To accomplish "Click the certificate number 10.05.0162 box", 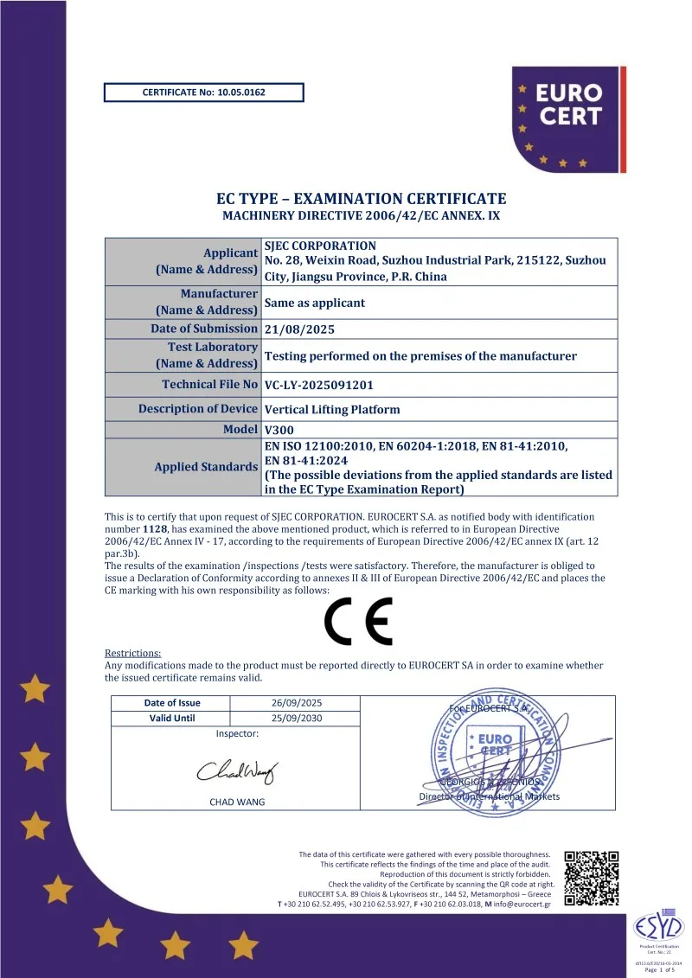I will tap(203, 93).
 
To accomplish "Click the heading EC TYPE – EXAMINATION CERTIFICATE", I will tap(361, 199).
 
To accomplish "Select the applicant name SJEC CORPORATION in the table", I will tap(320, 246).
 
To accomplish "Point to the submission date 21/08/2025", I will tap(299, 329).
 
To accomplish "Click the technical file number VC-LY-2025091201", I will tap(319, 385).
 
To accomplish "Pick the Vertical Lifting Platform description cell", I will tap(332, 410).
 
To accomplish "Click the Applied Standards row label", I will tap(206, 467).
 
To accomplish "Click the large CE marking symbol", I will tap(358, 621).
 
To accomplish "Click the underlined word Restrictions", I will tap(132, 653).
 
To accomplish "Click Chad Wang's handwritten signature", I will tap(237, 769).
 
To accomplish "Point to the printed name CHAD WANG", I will tap(237, 802).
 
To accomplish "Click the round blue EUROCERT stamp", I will tap(493, 752).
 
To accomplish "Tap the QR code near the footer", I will tap(592, 879).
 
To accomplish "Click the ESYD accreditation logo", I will tap(659, 928).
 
